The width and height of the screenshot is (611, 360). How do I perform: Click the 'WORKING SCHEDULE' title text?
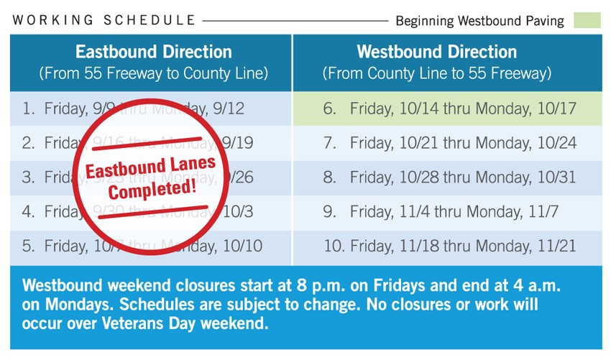(104, 20)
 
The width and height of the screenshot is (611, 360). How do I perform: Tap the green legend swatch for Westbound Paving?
(587, 20)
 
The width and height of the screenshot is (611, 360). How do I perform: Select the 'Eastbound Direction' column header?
(154, 52)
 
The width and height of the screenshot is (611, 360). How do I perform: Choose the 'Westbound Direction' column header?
(436, 52)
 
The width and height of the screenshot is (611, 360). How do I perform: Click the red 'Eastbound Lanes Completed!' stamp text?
(151, 177)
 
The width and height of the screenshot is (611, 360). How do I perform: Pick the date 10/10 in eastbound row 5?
(242, 246)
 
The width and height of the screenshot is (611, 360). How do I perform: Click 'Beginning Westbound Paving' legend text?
(479, 21)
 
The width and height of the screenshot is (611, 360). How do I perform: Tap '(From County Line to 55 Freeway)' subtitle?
(436, 73)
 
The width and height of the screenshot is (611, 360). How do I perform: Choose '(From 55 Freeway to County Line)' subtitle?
(154, 73)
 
